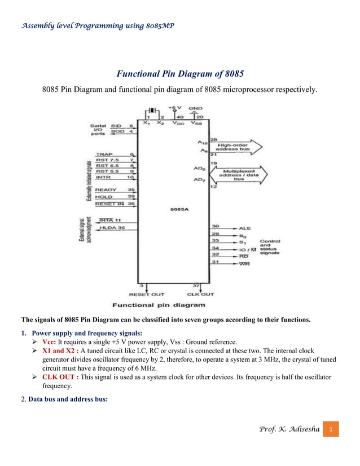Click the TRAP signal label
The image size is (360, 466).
[x=104, y=154]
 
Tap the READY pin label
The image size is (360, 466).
[x=106, y=190]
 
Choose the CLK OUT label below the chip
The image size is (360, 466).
[x=200, y=294]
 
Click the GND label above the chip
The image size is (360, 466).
[x=195, y=107]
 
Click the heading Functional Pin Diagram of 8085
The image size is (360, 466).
[x=180, y=73]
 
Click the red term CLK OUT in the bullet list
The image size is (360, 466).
[x=60, y=377]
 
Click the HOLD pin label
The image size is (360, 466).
[x=104, y=196]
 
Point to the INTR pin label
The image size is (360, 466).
[x=103, y=177]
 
